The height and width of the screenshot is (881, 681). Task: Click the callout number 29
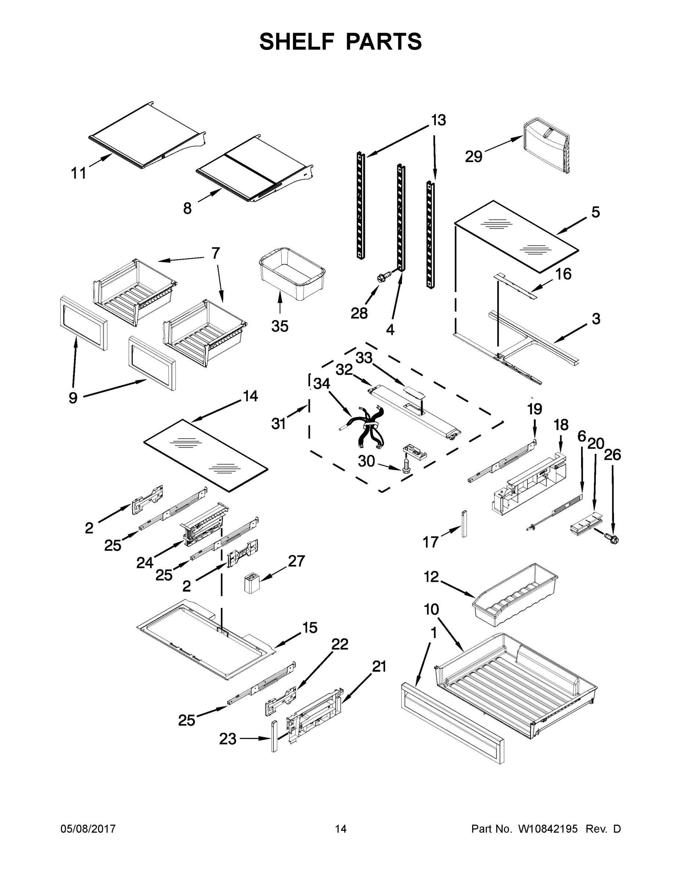tap(473, 156)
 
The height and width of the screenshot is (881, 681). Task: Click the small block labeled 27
tap(252, 584)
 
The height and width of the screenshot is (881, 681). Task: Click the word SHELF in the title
tap(297, 41)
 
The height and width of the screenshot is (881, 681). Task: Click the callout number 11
tap(79, 174)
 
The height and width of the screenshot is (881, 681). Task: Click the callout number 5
tap(595, 212)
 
